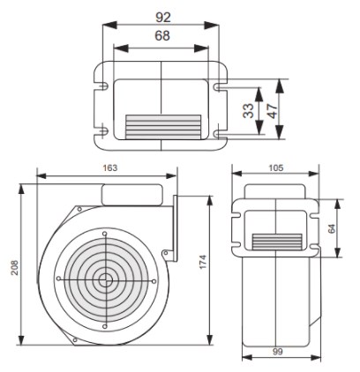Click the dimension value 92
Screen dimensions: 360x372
[163, 18]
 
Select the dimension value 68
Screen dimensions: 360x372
[162, 35]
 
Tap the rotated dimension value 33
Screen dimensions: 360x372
[249, 110]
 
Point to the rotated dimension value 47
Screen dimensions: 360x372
[273, 110]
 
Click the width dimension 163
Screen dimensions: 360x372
[109, 167]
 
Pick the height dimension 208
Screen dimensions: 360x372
[14, 267]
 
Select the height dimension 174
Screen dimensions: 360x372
[203, 262]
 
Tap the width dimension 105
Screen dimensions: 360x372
[276, 167]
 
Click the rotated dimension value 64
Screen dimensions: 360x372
[332, 228]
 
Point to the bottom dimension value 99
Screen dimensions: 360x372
[277, 352]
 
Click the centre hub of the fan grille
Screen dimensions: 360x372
[104, 280]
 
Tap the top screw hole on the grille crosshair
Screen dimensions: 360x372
[105, 234]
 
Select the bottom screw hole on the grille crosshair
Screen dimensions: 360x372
[104, 326]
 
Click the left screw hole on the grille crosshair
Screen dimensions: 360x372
[58, 279]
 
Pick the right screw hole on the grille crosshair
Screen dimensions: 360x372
[154, 281]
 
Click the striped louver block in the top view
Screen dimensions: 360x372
[163, 127]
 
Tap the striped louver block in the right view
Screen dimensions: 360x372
[277, 242]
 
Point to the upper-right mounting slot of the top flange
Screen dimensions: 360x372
[219, 87]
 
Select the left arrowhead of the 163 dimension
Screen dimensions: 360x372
[41, 176]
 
